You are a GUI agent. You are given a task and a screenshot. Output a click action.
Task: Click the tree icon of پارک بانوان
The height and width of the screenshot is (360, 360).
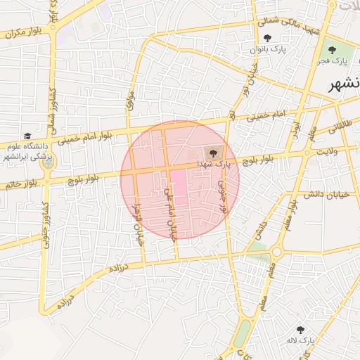[x=266, y=39]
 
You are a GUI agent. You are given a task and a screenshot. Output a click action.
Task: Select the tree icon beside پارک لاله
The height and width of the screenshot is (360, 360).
[x=301, y=330]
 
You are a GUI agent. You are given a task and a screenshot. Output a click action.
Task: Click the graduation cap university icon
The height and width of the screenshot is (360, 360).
[x=27, y=136]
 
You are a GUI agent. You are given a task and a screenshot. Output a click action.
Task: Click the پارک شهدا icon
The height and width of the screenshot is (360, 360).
[x=212, y=152]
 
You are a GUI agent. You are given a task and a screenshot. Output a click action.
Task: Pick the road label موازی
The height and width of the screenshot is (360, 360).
[x=129, y=98]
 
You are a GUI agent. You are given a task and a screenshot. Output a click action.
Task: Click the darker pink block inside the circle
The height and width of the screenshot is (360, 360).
[x=179, y=186]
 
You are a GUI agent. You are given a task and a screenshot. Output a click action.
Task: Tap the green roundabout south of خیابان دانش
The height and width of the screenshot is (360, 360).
[x=276, y=252]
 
